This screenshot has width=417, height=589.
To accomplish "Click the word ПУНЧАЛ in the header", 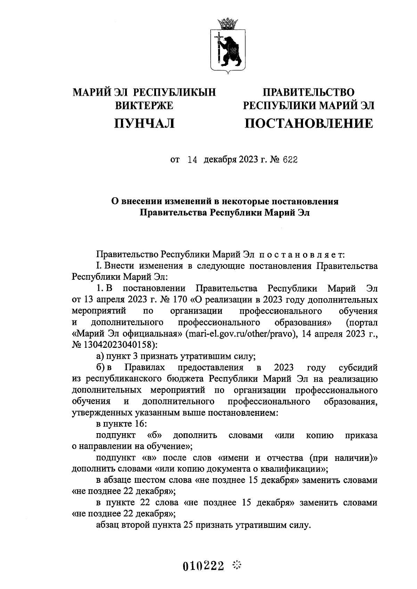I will [144, 123].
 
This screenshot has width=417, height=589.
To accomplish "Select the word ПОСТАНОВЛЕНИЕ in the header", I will [309, 123].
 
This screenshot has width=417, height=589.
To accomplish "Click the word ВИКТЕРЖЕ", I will [144, 105].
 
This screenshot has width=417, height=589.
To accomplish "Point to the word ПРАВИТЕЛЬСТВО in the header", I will [309, 92].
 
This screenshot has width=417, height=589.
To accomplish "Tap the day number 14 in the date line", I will [192, 160].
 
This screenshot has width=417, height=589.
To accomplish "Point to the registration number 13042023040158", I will [116, 345].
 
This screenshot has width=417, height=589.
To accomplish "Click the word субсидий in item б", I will [358, 368].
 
